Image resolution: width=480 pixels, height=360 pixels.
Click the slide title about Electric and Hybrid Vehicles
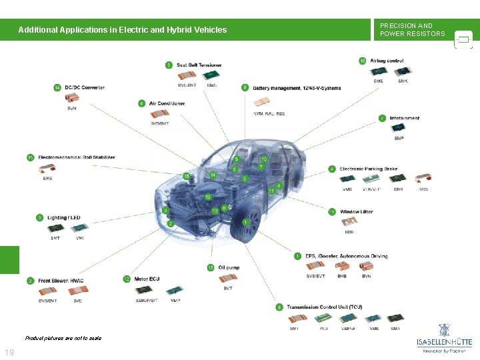click(x=123, y=30)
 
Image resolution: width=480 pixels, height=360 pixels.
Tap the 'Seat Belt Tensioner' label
click(x=199, y=65)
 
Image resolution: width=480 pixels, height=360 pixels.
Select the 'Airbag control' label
click(x=387, y=61)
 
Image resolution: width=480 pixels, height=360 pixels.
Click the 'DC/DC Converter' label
click(x=84, y=87)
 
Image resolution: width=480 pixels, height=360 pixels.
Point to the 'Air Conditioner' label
click(x=167, y=103)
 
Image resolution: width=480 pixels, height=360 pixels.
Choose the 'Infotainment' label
click(x=405, y=118)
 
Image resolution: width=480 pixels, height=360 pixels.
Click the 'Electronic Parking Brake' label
click(x=368, y=169)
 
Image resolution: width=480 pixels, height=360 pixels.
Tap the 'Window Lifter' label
click(x=357, y=211)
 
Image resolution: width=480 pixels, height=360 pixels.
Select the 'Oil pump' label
click(x=229, y=267)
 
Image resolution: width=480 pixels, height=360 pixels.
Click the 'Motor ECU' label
click(x=147, y=279)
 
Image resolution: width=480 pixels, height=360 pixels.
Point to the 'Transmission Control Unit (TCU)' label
click(x=324, y=307)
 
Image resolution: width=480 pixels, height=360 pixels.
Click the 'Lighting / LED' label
click(x=63, y=217)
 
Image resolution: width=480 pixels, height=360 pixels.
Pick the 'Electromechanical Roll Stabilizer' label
click(x=77, y=157)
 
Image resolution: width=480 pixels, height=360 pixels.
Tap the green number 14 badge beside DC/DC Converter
click(x=57, y=87)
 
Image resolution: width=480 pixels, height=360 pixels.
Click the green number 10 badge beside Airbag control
click(x=363, y=61)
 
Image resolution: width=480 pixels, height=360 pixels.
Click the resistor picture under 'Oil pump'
click(x=227, y=278)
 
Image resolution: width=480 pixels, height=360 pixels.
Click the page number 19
click(x=9, y=352)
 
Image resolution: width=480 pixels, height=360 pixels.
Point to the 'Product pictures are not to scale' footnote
click(x=63, y=338)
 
